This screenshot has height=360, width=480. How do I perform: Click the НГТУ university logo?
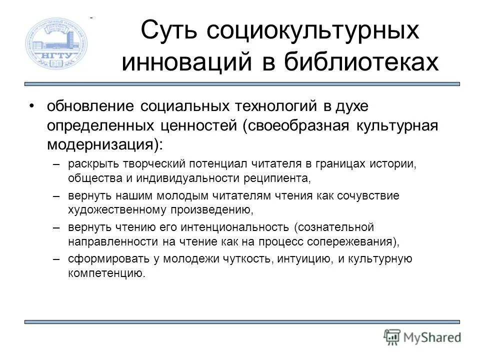coord(56,43)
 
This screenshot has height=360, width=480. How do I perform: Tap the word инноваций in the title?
coord(178,63)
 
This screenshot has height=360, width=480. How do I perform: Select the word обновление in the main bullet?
coord(89,107)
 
